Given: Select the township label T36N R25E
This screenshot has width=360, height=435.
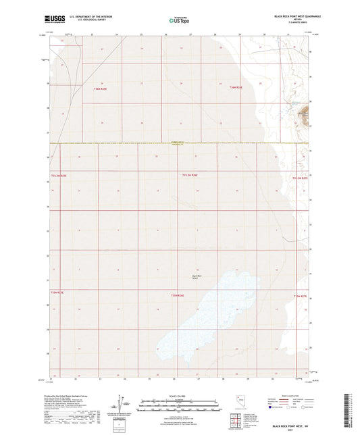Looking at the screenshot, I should coord(101,88).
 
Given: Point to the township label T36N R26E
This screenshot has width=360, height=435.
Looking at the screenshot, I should coord(235,88).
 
